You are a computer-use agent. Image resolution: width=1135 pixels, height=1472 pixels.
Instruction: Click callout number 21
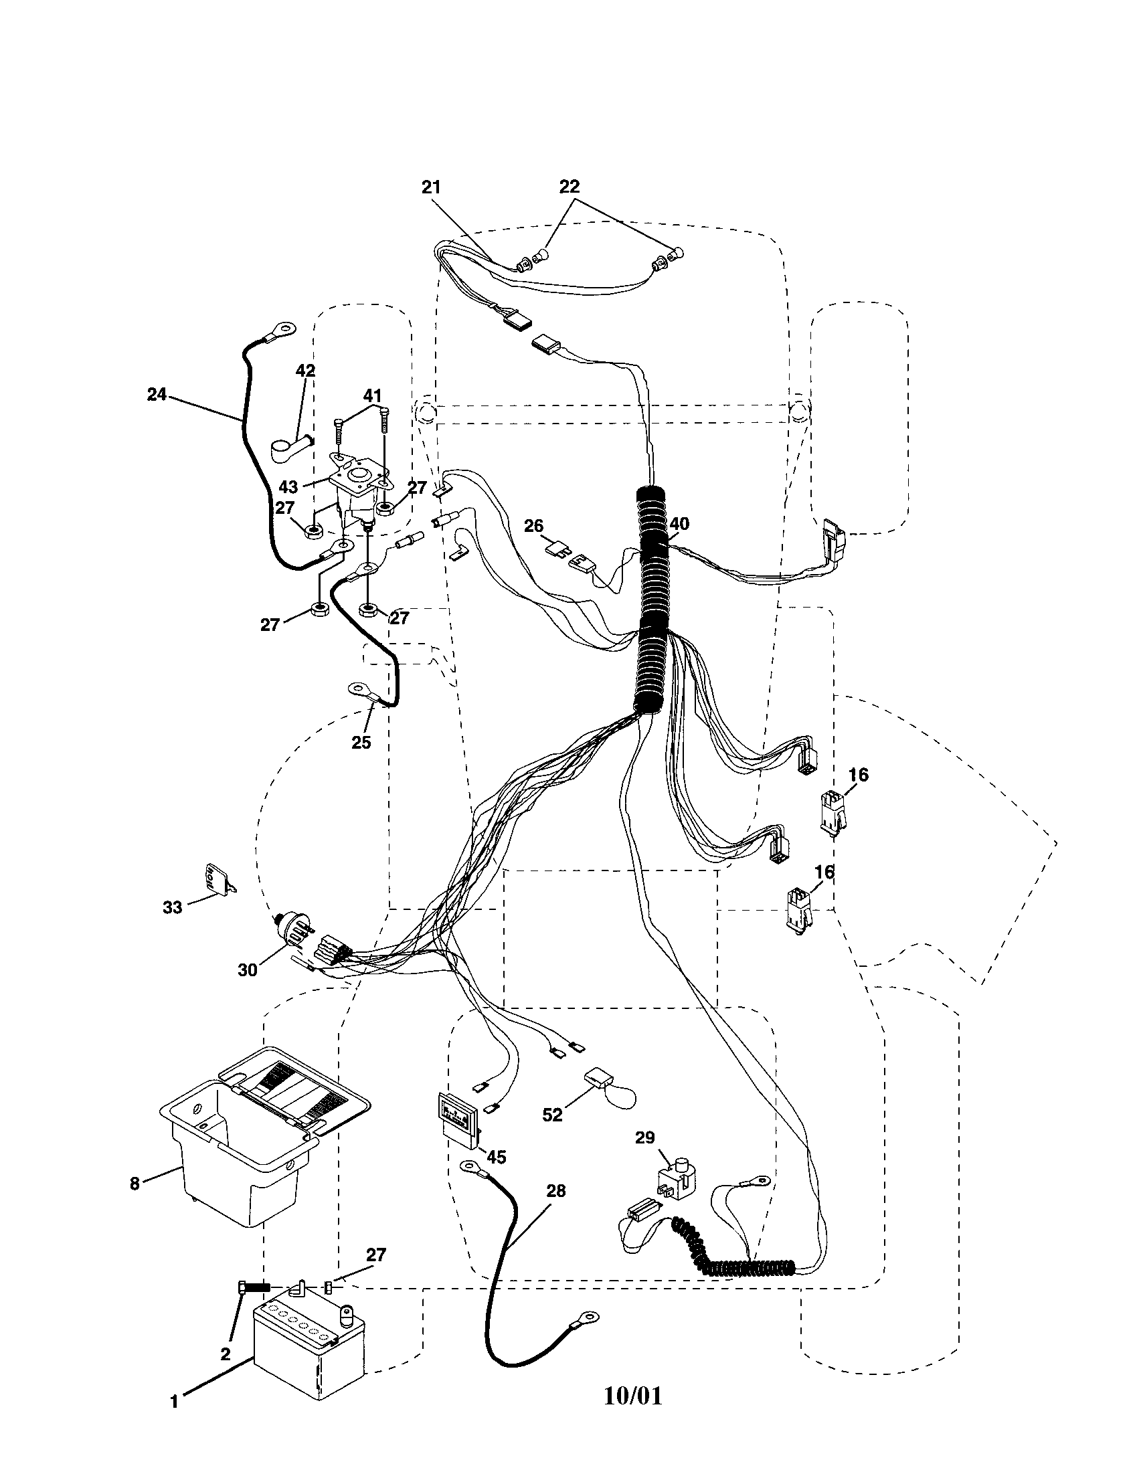[x=431, y=188]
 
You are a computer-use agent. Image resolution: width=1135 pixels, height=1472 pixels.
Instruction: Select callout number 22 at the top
[x=569, y=187]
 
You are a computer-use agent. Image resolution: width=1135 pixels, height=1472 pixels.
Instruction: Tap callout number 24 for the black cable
[x=157, y=394]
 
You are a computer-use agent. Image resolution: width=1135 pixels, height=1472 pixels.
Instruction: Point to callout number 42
[x=305, y=371]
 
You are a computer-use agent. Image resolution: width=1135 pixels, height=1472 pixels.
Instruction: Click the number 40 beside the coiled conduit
[x=679, y=524]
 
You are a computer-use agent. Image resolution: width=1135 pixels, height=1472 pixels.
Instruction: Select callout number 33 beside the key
[x=173, y=908]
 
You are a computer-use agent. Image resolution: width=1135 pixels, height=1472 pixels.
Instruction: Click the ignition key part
[x=216, y=881]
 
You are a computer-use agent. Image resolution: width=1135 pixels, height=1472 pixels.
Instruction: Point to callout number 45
[x=496, y=1158]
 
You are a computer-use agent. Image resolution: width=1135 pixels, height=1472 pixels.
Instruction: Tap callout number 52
[x=552, y=1115]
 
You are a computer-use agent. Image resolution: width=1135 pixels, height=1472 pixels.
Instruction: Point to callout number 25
[x=361, y=742]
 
